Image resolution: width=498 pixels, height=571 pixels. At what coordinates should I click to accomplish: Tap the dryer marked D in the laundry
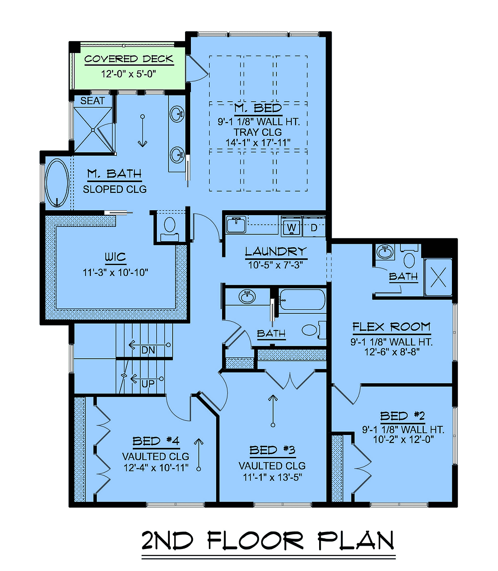tap(314, 226)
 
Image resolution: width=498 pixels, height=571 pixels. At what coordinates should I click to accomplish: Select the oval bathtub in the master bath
tap(57, 183)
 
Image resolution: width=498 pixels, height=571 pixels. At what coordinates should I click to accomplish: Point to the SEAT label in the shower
tap(93, 101)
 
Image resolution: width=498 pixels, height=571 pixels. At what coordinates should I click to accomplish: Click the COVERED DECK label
tap(129, 59)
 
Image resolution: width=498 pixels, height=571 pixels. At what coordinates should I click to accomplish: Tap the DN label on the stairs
tap(148, 350)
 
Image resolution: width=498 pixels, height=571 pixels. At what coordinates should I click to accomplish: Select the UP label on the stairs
tap(148, 384)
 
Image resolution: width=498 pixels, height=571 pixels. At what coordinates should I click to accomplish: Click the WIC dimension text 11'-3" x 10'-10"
tap(115, 272)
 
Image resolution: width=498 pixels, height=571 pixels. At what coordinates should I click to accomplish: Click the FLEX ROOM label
tap(392, 327)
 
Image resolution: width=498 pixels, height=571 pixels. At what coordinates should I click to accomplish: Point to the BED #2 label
tap(403, 416)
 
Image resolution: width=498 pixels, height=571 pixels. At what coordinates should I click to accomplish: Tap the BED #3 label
tap(272, 450)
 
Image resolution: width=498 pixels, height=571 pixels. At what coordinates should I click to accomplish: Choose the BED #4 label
tap(156, 441)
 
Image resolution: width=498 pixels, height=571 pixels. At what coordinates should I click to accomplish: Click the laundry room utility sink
tap(236, 224)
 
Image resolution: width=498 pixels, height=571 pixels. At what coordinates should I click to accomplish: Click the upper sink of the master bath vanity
tap(177, 114)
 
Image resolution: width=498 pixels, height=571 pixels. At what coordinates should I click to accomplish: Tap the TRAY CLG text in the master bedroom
tap(258, 132)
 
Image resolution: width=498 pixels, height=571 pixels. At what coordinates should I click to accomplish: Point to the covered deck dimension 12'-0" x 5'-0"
tap(129, 74)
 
